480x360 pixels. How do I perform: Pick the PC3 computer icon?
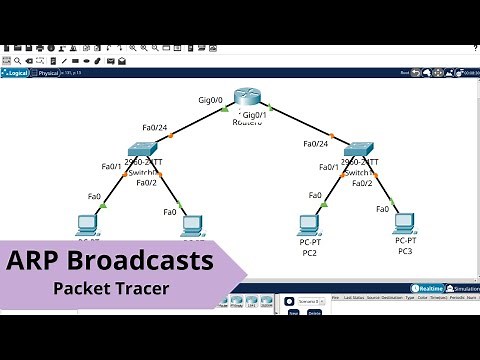[404, 222]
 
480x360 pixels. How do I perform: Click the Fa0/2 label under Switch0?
[146, 183]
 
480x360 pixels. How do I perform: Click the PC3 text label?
[404, 251]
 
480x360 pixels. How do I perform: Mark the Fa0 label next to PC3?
[382, 209]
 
